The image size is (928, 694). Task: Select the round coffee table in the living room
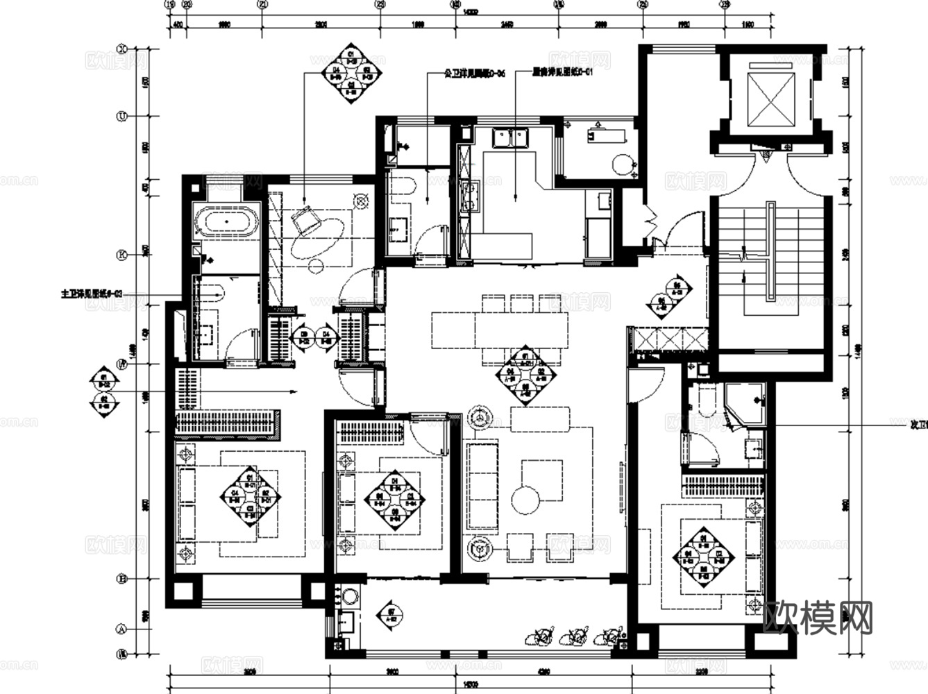pyautogui.click(x=525, y=498)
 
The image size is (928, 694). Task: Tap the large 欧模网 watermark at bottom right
pyautogui.click(x=818, y=617)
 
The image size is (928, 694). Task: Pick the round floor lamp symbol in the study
pyautogui.click(x=361, y=201)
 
